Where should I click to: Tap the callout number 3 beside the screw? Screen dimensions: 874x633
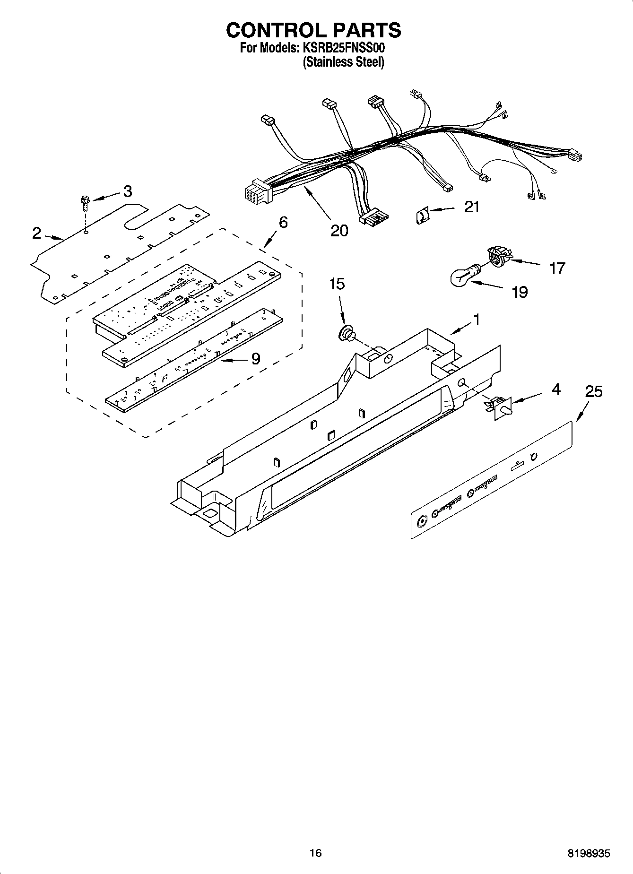click(x=127, y=191)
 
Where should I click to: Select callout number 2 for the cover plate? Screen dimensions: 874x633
click(x=37, y=233)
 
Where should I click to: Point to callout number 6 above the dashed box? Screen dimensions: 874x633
click(x=283, y=222)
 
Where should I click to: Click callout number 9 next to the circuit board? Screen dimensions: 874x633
click(x=255, y=359)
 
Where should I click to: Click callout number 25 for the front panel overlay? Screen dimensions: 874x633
click(x=594, y=391)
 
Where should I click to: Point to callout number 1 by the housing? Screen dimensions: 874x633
click(x=477, y=320)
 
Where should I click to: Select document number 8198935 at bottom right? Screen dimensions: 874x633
click(x=589, y=853)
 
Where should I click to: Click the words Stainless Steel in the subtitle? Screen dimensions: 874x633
click(x=343, y=62)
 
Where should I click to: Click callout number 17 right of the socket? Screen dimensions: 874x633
click(x=557, y=268)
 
